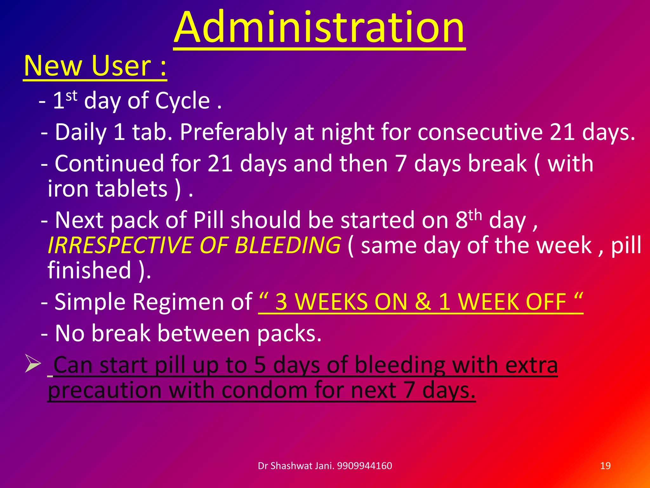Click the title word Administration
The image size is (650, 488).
(319, 28)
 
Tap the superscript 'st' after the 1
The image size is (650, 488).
(71, 96)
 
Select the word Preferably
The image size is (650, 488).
(233, 132)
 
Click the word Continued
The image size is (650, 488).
(109, 164)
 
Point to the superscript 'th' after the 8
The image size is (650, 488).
(475, 215)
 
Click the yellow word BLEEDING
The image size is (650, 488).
(288, 245)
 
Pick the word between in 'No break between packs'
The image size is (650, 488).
(203, 333)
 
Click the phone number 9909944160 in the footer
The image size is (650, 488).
(364, 466)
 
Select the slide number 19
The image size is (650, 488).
(605, 466)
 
